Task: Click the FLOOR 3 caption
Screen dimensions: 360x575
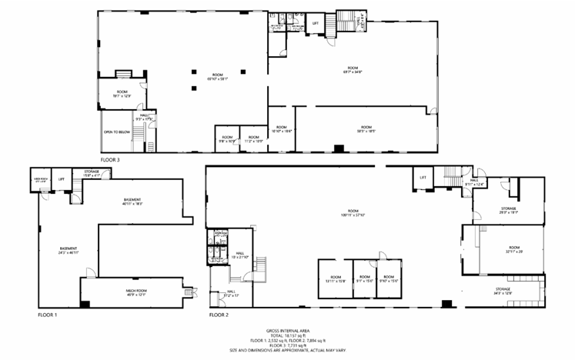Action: pyautogui.click(x=110, y=160)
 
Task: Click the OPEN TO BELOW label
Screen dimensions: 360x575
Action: pyautogui.click(x=116, y=132)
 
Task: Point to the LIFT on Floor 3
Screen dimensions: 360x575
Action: pyautogui.click(x=315, y=23)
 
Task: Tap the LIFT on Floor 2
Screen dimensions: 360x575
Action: pyautogui.click(x=423, y=177)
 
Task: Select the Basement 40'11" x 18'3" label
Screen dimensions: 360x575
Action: pyautogui.click(x=132, y=202)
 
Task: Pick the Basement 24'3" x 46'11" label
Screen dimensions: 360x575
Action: pyautogui.click(x=69, y=251)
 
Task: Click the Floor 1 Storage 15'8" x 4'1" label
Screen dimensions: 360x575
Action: pyautogui.click(x=92, y=175)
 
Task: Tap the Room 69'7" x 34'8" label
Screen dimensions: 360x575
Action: pyautogui.click(x=353, y=70)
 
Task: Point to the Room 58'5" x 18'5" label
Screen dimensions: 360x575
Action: pyautogui.click(x=365, y=128)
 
